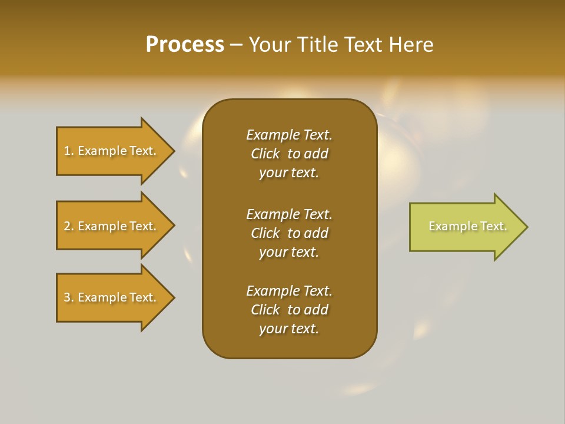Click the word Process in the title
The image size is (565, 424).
tap(185, 45)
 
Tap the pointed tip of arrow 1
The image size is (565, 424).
tap(174, 151)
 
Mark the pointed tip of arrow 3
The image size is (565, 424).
tap(174, 297)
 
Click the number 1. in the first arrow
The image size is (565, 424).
tap(69, 151)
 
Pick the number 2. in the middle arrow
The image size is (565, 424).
tap(69, 226)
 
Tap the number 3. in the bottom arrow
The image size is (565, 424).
tap(69, 297)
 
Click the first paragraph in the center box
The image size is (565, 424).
tap(289, 154)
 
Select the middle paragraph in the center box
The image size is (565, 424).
tap(289, 233)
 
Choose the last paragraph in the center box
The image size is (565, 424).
tap(289, 310)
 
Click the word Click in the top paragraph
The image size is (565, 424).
tap(265, 154)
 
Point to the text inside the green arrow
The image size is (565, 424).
tap(467, 226)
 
